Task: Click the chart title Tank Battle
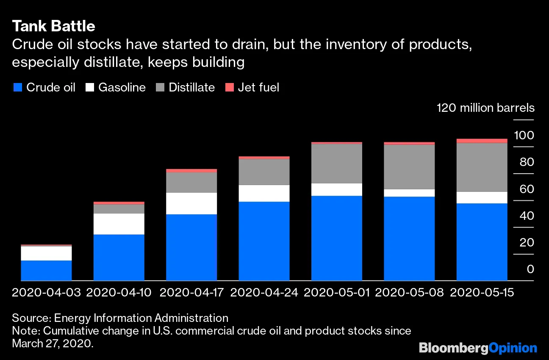(x=53, y=26)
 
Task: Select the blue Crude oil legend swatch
(x=17, y=88)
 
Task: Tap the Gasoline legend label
(x=122, y=88)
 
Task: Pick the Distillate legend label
(x=191, y=88)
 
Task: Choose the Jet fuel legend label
(x=258, y=88)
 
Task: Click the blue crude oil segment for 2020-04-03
(x=46, y=270)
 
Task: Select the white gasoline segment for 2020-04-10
(x=119, y=224)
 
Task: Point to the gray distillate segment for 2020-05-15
(x=482, y=167)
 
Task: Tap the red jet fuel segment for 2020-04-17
(x=191, y=171)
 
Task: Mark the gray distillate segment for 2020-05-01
(x=337, y=163)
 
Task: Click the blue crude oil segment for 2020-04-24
(x=264, y=241)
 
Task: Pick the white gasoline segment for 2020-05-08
(x=409, y=193)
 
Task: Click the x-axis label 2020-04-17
(x=191, y=293)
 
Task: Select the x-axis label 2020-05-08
(x=409, y=293)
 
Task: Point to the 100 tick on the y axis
(x=524, y=136)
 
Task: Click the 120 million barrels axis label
(x=485, y=108)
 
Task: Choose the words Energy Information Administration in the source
(x=141, y=318)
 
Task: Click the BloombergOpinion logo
(x=478, y=348)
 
